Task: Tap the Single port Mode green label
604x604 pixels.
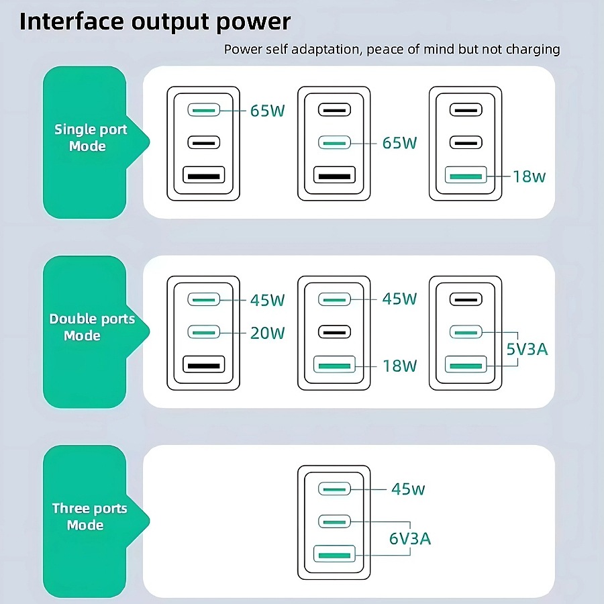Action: (x=90, y=138)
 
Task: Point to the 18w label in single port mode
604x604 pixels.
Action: (x=530, y=177)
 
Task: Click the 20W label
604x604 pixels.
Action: (x=268, y=333)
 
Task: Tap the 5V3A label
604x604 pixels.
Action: (x=527, y=349)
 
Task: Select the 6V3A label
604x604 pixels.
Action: (x=409, y=539)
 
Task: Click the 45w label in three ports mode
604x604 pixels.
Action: (x=408, y=489)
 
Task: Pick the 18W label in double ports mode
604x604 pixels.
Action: (x=400, y=366)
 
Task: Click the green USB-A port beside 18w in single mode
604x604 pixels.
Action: (x=466, y=177)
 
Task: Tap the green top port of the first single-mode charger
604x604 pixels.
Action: (x=203, y=109)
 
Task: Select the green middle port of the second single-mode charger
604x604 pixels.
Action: (x=334, y=142)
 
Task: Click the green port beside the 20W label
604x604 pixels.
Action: (x=203, y=332)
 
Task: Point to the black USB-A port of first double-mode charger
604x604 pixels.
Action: (x=203, y=366)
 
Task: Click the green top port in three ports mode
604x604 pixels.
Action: (x=334, y=489)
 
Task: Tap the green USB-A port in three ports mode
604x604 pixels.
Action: (x=334, y=555)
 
